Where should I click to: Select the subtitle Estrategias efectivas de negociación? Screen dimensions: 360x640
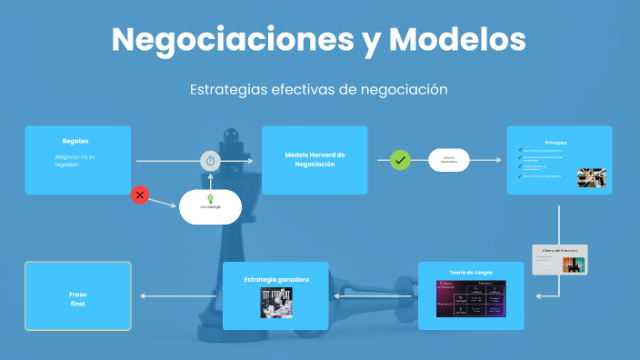click(319, 90)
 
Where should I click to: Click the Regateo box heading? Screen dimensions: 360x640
click(75, 141)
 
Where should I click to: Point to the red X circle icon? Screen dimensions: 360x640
click(140, 194)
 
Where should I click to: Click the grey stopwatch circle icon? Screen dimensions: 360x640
click(210, 161)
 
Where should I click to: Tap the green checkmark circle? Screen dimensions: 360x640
click(400, 160)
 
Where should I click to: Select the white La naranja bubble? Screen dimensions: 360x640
click(210, 207)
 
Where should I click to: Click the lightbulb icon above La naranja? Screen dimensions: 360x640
click(210, 198)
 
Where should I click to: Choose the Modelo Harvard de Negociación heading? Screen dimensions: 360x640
click(314, 159)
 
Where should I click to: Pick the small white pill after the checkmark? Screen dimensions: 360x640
click(448, 160)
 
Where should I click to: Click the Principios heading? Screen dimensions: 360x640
click(556, 143)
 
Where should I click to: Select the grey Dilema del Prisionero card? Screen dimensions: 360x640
click(560, 259)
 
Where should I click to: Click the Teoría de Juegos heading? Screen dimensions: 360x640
click(470, 272)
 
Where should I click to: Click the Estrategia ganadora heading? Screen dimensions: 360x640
click(275, 279)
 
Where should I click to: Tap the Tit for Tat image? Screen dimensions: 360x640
click(275, 302)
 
